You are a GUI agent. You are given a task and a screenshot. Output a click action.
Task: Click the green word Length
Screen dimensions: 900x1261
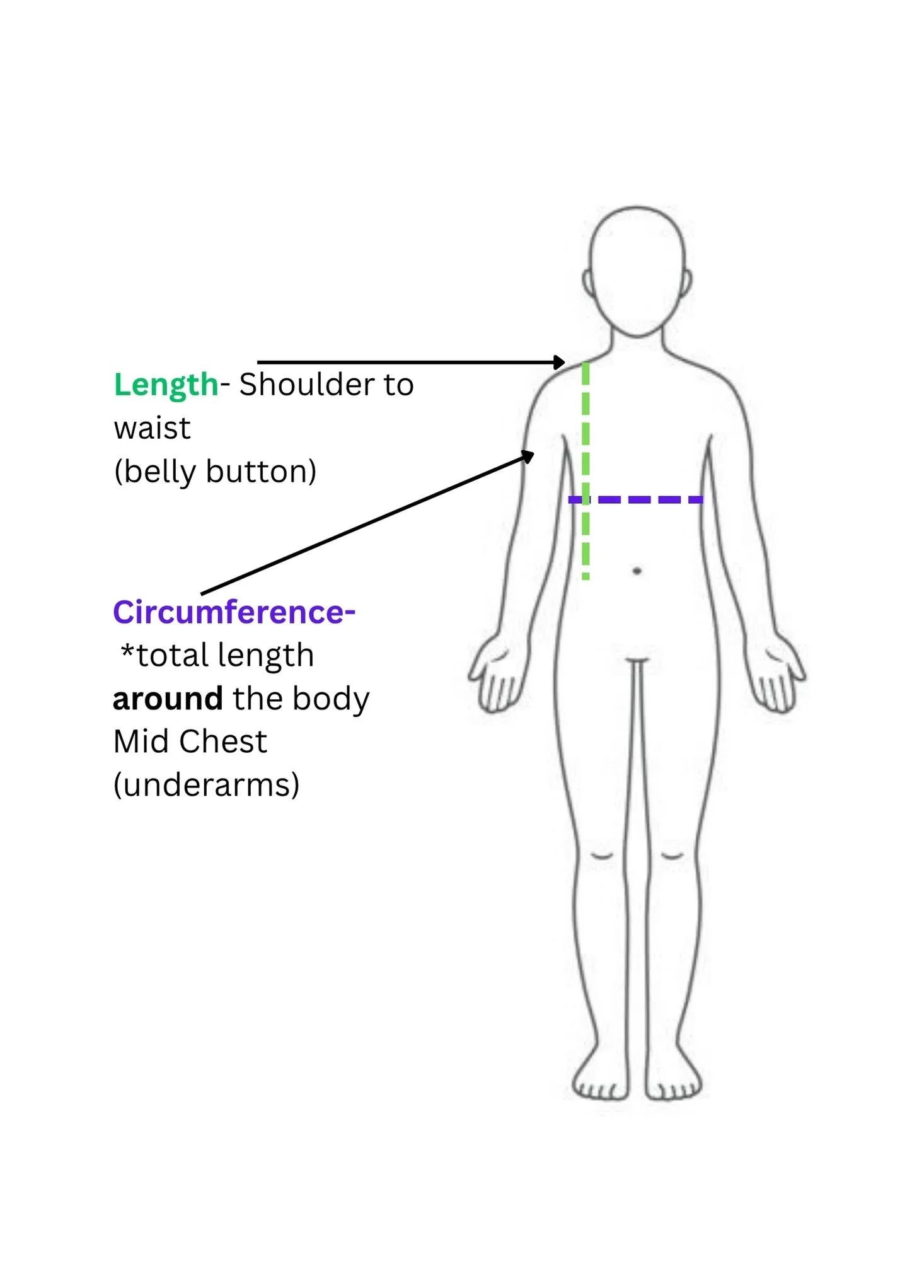[x=165, y=385]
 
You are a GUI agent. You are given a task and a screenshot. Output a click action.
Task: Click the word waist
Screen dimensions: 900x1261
[x=152, y=429]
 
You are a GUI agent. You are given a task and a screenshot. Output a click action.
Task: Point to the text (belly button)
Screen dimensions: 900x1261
[x=215, y=472]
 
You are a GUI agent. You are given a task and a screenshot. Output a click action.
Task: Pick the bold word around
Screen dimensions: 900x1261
[x=168, y=699]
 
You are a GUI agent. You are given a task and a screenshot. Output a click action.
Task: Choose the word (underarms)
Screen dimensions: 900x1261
[x=206, y=785]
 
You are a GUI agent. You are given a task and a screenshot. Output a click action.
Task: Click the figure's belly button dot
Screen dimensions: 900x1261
[x=637, y=571]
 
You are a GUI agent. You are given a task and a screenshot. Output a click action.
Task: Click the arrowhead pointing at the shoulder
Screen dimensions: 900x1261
[x=559, y=362]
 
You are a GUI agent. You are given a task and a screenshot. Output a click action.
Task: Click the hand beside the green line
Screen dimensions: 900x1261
[x=498, y=675]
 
